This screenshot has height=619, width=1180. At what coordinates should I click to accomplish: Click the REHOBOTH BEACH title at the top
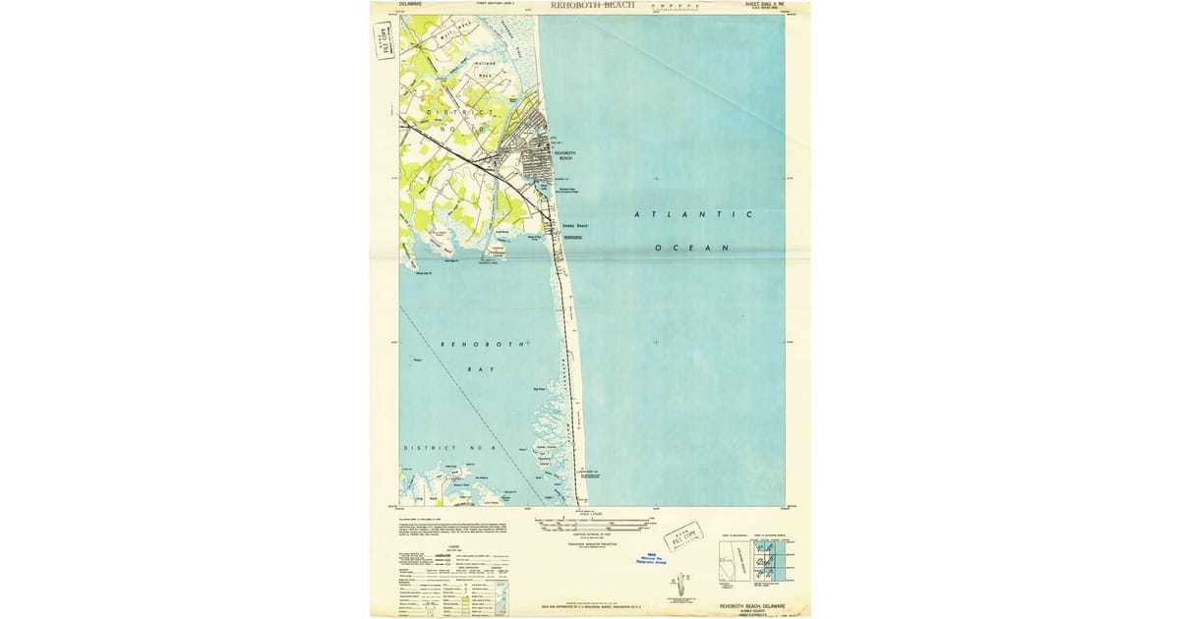point(593,5)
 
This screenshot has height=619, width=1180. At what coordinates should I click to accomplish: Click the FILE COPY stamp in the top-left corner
point(384,40)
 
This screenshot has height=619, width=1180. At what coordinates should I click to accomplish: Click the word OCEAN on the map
point(692,248)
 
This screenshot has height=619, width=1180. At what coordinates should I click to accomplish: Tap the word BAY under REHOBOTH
point(480,369)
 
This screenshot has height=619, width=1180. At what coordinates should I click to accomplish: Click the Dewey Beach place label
point(574,226)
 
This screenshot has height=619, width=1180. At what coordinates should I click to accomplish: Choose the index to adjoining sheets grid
point(771,563)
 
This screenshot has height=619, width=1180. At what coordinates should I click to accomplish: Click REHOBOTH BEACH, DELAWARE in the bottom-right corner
point(753,606)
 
